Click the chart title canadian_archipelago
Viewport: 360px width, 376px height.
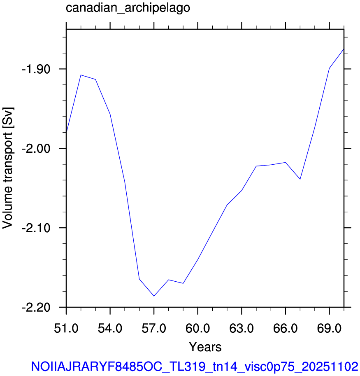(128, 8)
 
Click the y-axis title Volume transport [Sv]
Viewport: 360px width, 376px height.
(7, 168)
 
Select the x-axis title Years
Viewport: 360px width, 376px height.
(205, 347)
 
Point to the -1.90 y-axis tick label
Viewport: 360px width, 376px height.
(36, 69)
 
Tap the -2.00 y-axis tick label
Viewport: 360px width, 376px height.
(36, 148)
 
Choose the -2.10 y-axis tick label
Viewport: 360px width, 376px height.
(36, 228)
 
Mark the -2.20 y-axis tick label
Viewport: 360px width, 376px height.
(36, 307)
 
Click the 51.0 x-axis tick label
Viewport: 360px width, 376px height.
(66, 328)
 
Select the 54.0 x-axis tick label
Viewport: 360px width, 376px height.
(110, 328)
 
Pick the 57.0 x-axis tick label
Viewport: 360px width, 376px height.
(154, 328)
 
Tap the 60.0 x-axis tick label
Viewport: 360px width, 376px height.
(197, 328)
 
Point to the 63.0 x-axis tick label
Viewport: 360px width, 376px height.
(242, 328)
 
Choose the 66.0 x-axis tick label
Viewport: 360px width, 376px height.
(285, 328)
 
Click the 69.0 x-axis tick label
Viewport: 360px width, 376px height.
(329, 328)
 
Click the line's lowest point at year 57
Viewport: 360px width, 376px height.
(154, 296)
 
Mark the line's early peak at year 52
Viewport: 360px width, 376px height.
(81, 75)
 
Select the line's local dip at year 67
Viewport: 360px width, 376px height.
(300, 179)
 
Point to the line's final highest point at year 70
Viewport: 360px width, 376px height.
(344, 49)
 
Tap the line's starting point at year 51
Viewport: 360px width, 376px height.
(66, 132)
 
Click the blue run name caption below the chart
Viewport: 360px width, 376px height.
(195, 367)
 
